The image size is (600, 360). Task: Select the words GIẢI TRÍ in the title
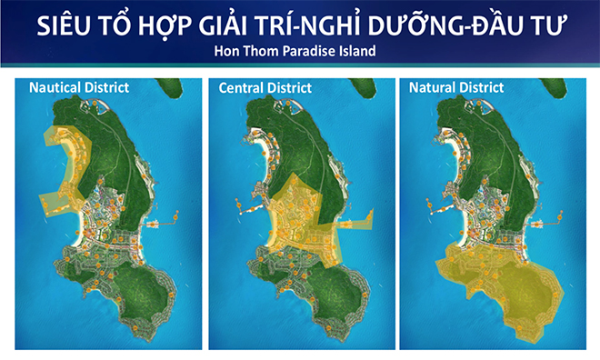click(x=272, y=25)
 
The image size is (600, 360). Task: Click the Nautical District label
click(x=79, y=88)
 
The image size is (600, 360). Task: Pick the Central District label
click(x=265, y=88)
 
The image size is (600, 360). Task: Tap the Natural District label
click(x=455, y=88)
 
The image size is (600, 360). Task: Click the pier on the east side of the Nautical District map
click(x=168, y=219)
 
